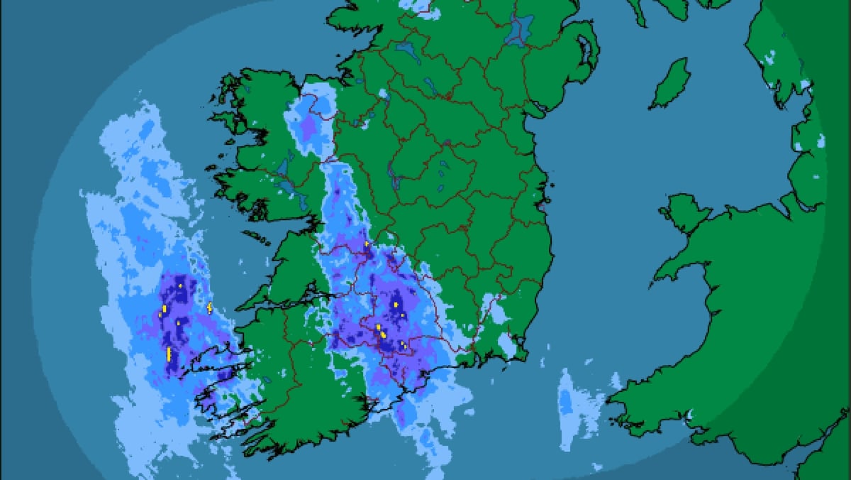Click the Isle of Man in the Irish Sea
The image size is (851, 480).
[x=670, y=83]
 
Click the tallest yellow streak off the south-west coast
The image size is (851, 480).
[x=169, y=354]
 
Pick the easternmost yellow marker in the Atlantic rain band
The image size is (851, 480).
[x=210, y=307]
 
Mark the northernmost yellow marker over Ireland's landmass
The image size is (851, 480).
[x=366, y=244]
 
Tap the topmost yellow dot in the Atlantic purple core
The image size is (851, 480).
[x=180, y=285]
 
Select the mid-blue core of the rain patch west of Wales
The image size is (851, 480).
[x=566, y=403]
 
